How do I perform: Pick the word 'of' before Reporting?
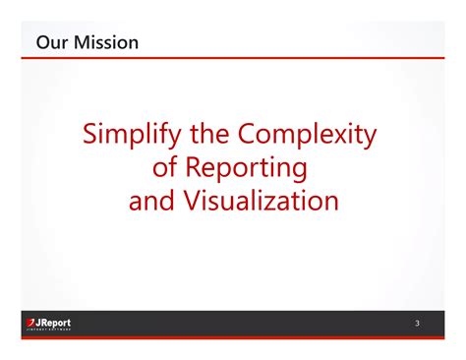pyautogui.click(x=165, y=168)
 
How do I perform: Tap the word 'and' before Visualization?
pyautogui.click(x=151, y=202)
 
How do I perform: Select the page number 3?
pyautogui.click(x=417, y=324)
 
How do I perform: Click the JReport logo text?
pyautogui.click(x=53, y=322)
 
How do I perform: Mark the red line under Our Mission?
pyautogui.click(x=233, y=58)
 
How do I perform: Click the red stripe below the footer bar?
pyautogui.click(x=233, y=338)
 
